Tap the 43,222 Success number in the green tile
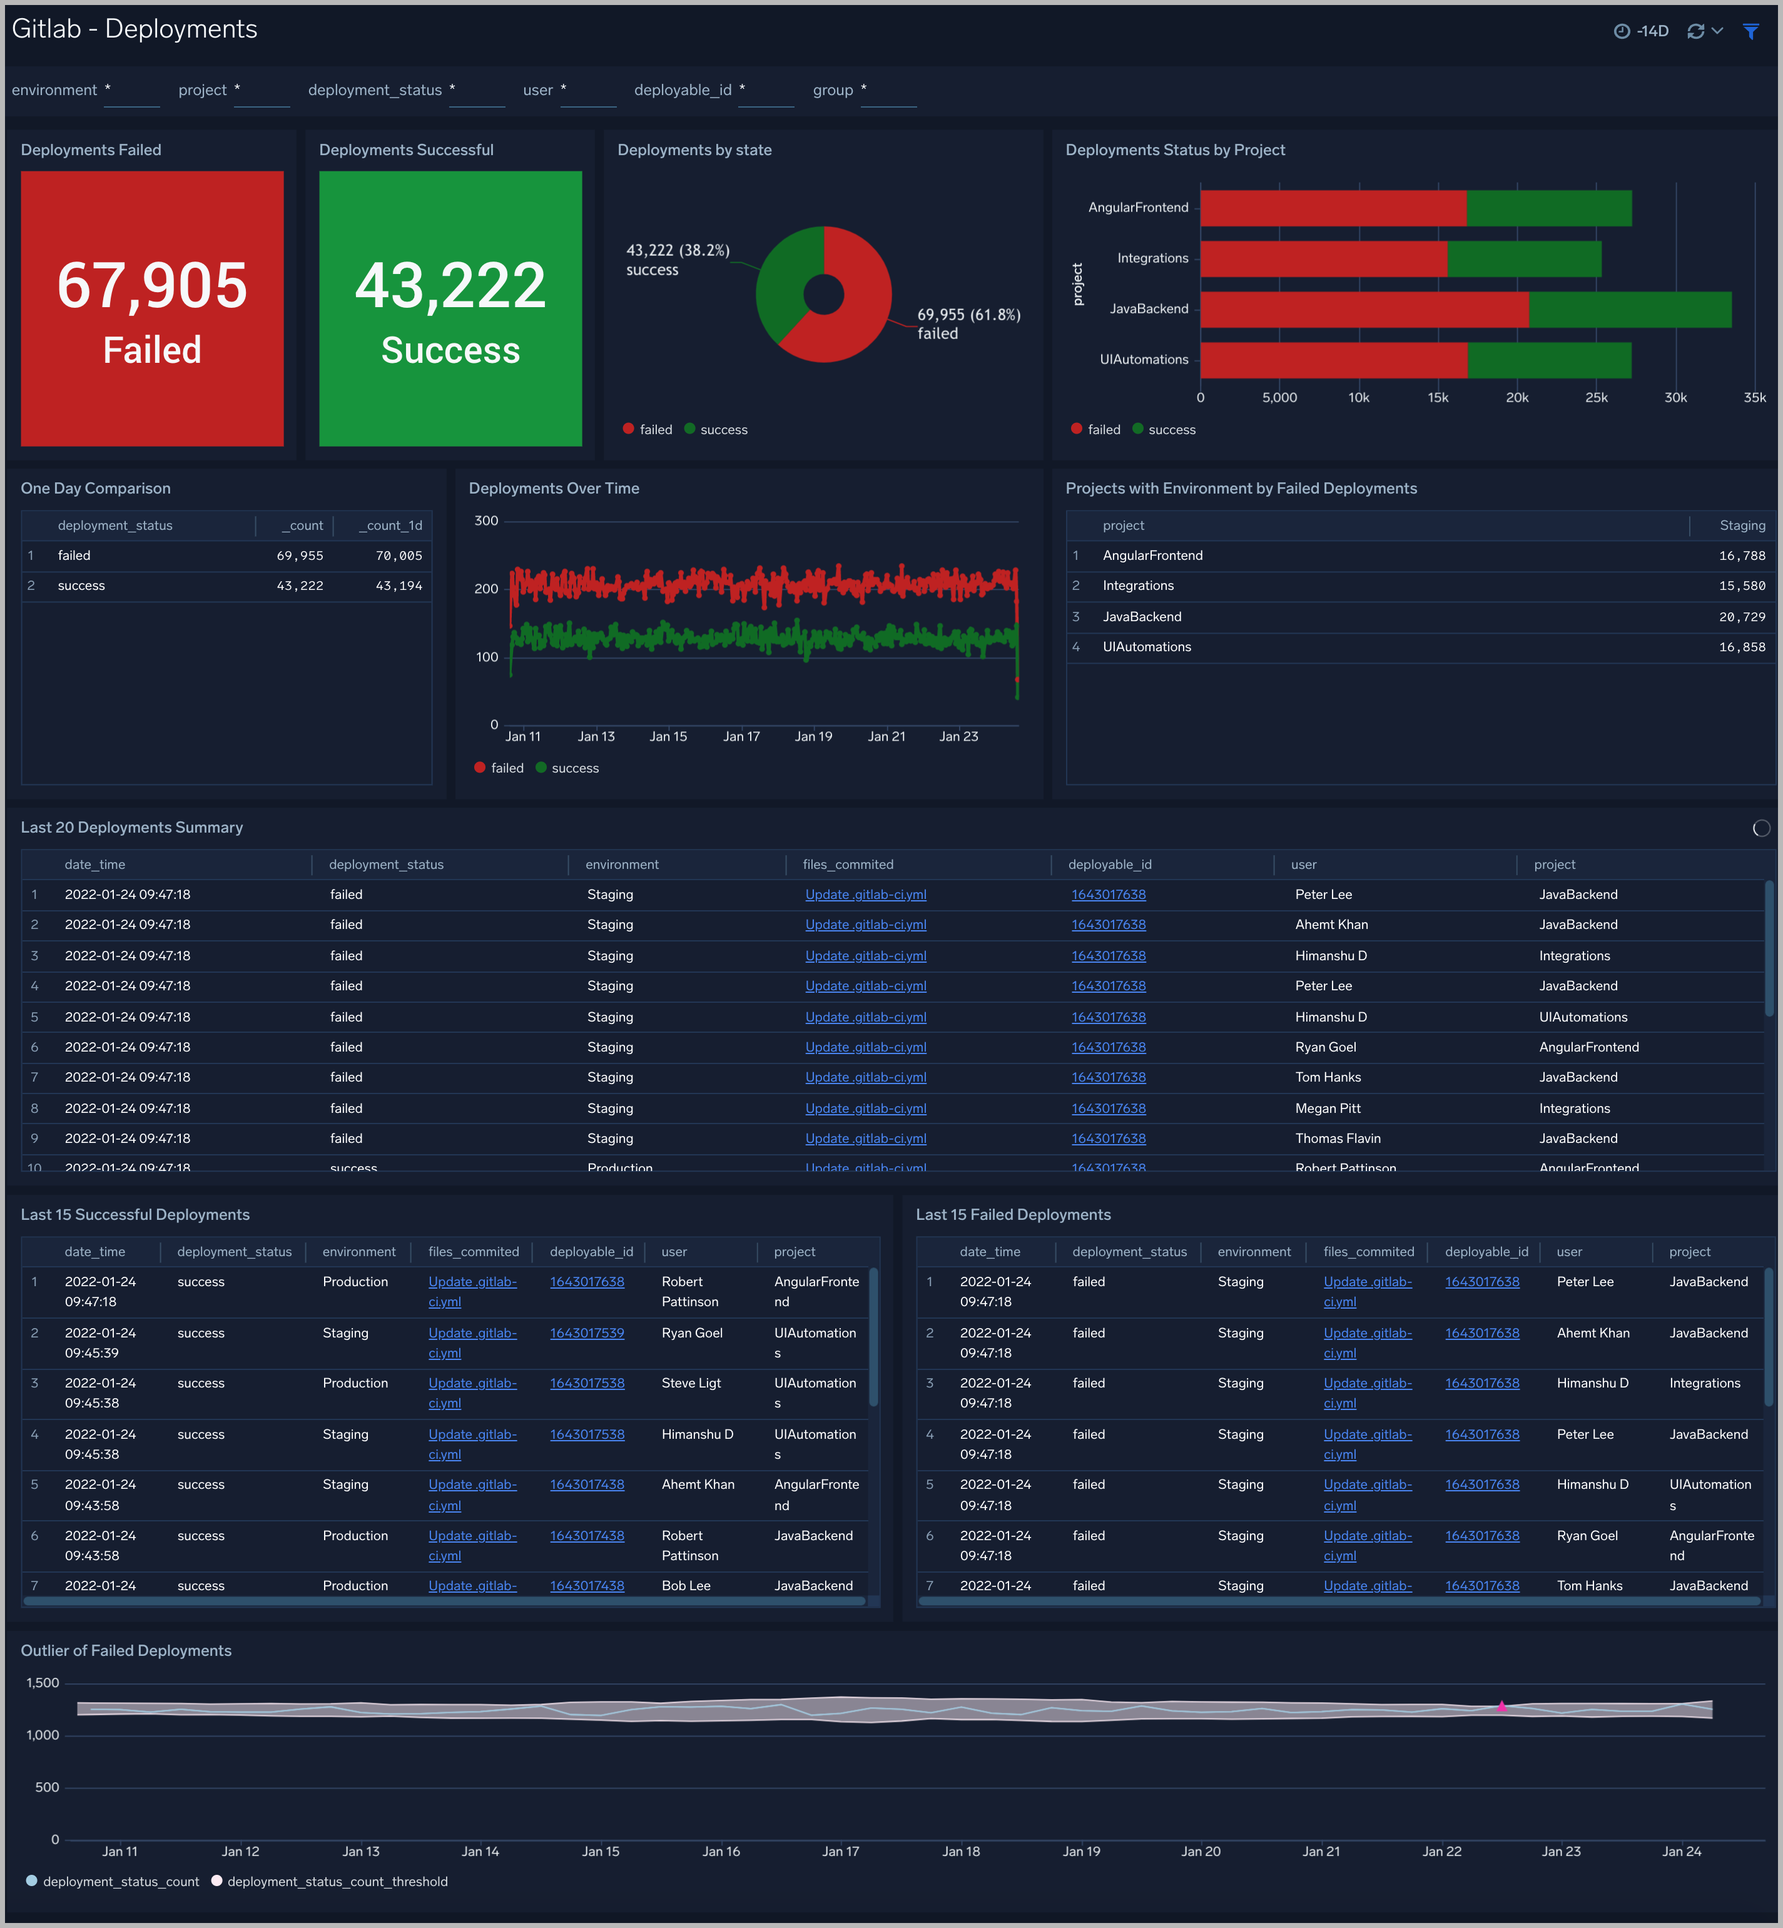[x=450, y=286]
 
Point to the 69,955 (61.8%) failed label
[x=968, y=315]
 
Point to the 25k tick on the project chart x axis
[x=1596, y=398]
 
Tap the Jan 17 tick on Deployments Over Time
[x=741, y=736]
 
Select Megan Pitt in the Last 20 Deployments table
[x=1328, y=1109]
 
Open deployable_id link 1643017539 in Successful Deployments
[x=587, y=1332]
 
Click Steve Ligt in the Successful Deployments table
[x=691, y=1383]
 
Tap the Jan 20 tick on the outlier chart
[x=1201, y=1851]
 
